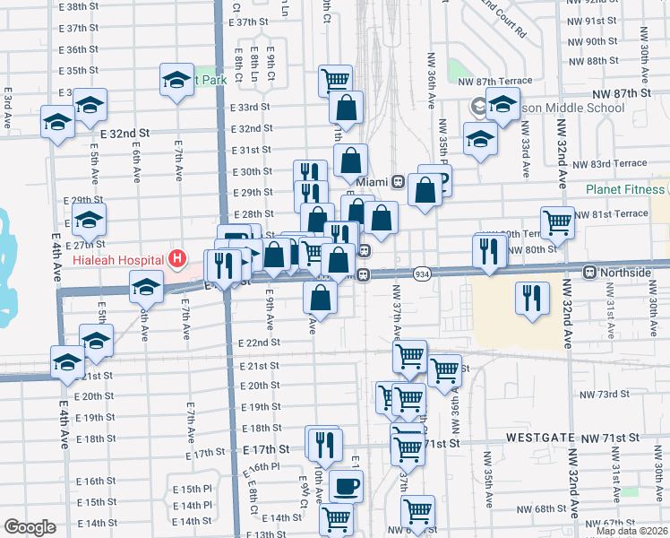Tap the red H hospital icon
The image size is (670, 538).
(x=177, y=260)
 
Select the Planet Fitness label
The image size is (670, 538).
(x=625, y=189)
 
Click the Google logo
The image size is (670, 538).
(x=30, y=527)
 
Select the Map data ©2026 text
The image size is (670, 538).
(x=630, y=530)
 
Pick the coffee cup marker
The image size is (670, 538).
(x=347, y=488)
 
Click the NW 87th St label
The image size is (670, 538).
(x=618, y=93)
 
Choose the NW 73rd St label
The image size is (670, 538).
(x=601, y=395)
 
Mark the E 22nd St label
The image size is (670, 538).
(x=260, y=343)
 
